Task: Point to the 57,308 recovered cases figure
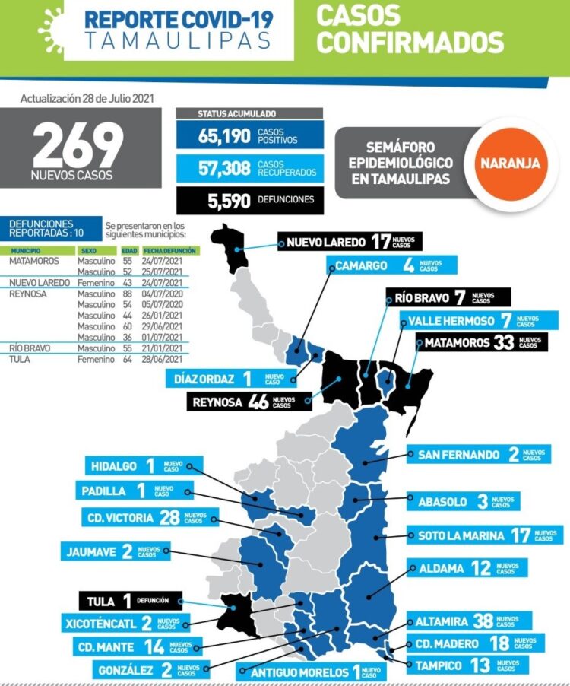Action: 204,170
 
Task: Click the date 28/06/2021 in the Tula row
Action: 170,358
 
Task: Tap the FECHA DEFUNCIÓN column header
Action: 170,250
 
